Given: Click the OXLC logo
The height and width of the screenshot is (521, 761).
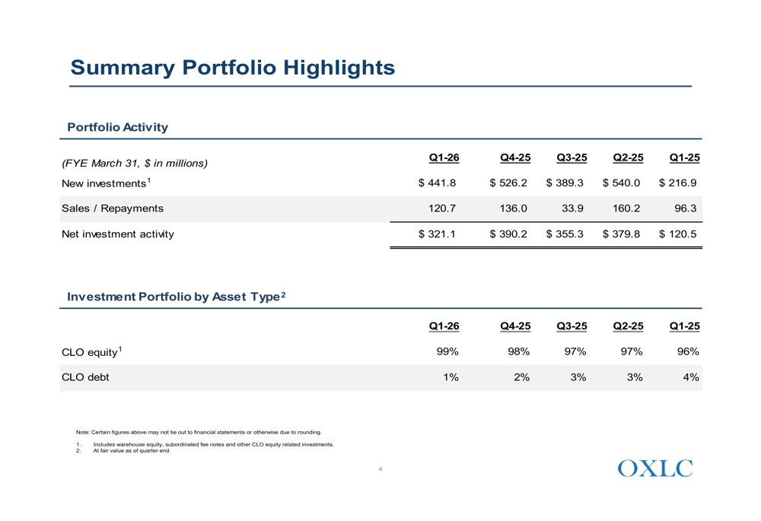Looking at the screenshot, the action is pyautogui.click(x=655, y=468).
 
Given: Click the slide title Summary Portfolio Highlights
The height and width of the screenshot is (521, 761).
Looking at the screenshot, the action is pyautogui.click(x=232, y=68).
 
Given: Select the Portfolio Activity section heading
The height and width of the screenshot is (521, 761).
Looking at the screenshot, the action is pyautogui.click(x=117, y=127).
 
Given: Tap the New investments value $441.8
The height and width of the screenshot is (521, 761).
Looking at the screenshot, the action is pyautogui.click(x=437, y=183).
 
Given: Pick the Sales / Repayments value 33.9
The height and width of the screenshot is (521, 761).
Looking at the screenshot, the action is pyautogui.click(x=572, y=208).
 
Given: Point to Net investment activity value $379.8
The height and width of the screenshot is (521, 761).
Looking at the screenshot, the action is pyautogui.click(x=621, y=233).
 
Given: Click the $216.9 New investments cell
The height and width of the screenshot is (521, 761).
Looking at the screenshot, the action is pyautogui.click(x=677, y=183).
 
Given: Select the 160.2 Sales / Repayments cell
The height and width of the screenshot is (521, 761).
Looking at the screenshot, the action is pyautogui.click(x=626, y=208).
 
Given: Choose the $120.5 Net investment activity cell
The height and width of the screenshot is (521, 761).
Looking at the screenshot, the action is pyautogui.click(x=677, y=233).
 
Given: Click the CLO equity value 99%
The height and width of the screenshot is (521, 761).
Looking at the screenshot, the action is pyautogui.click(x=447, y=351).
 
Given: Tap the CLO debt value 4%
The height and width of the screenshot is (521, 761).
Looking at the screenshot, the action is pyautogui.click(x=691, y=377).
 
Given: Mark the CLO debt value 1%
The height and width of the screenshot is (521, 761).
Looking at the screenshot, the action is pyautogui.click(x=451, y=377).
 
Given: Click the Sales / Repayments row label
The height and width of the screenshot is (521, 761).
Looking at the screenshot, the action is pyautogui.click(x=113, y=208).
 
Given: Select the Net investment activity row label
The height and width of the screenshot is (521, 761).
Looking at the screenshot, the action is pyautogui.click(x=118, y=233).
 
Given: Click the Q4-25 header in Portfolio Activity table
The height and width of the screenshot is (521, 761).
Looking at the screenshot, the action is pyautogui.click(x=515, y=157).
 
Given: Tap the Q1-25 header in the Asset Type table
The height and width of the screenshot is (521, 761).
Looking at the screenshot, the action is pyautogui.click(x=685, y=326).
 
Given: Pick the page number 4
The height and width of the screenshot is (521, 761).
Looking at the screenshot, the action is pyautogui.click(x=380, y=469).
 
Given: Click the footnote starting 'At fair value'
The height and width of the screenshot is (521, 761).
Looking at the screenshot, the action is pyautogui.click(x=132, y=451).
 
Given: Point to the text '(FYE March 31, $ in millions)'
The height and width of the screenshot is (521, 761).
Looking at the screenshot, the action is pyautogui.click(x=135, y=163).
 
